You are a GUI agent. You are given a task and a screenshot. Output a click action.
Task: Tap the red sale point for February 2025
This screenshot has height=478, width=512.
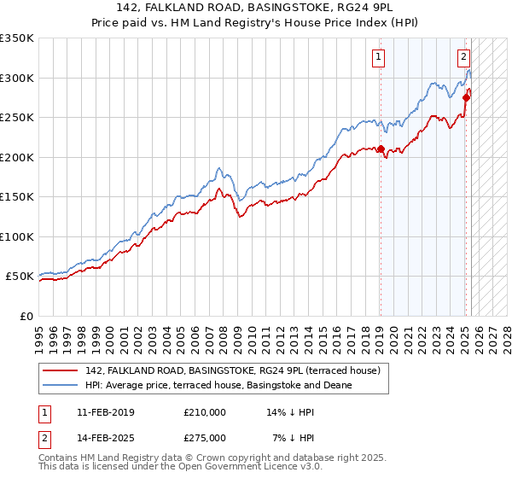click(466, 97)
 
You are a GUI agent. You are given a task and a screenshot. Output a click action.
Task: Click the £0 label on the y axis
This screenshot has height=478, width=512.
click(26, 316)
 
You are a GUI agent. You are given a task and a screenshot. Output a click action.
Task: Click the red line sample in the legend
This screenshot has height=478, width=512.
click(61, 370)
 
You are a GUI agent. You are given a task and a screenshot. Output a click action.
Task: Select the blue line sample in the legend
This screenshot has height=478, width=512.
click(61, 385)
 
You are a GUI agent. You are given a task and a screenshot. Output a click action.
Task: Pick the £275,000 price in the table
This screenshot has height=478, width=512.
click(205, 438)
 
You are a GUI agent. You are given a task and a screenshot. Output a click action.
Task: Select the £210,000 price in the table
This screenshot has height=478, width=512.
click(205, 412)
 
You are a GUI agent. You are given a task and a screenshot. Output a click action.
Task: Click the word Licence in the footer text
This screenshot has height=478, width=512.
click(267, 468)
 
